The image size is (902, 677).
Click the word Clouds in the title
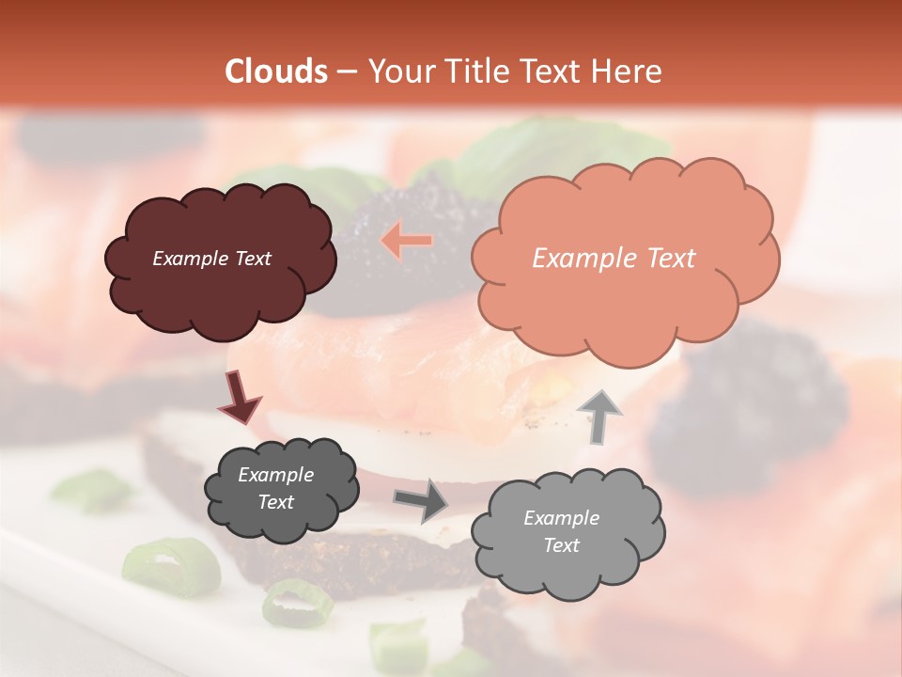point(276,71)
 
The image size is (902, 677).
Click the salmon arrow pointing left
point(407,241)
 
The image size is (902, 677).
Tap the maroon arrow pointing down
point(240,399)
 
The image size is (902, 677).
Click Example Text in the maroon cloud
point(211,259)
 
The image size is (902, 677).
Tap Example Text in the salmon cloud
point(614,259)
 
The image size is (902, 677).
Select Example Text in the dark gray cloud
point(275,488)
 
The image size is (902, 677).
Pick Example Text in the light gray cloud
point(561,531)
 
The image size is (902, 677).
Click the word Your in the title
point(396,71)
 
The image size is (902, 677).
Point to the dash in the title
point(346,71)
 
